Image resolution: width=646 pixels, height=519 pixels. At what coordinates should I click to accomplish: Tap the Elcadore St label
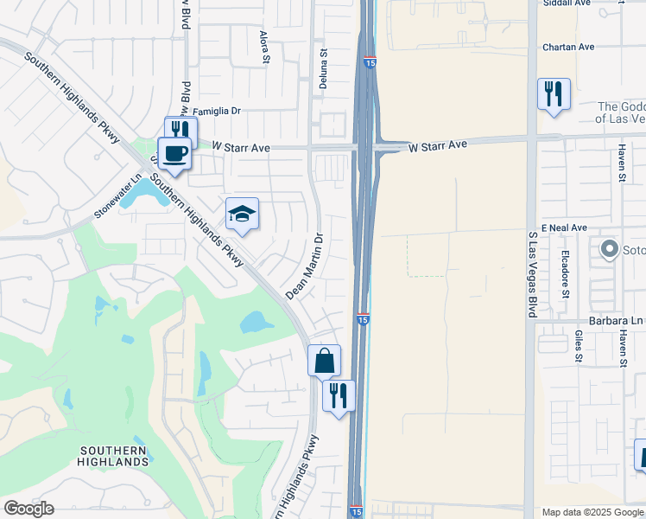coord(565,274)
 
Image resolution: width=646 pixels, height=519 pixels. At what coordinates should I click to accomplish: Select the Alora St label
coord(265,48)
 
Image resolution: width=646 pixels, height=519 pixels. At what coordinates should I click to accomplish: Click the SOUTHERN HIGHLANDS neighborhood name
coord(114,456)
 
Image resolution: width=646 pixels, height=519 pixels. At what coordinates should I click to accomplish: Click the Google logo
coord(28,509)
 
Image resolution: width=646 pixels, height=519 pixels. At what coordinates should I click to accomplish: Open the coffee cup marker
coord(174,153)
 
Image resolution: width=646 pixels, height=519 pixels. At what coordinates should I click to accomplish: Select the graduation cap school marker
coord(243,214)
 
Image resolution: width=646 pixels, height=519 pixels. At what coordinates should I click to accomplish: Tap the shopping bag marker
coord(324,360)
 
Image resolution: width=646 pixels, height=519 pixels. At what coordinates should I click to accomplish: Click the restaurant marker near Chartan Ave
coord(554,93)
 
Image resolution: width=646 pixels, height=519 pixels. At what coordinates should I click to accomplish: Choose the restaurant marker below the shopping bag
coord(339,395)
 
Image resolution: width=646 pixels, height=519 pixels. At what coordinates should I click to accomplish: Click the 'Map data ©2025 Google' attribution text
coord(592,512)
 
